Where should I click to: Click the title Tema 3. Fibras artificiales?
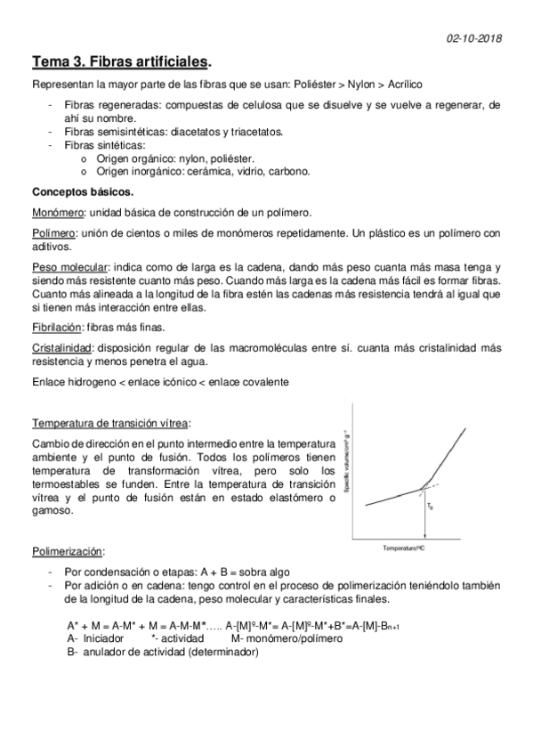click(122, 63)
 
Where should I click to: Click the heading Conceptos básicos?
click(84, 191)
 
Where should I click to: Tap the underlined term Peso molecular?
click(70, 268)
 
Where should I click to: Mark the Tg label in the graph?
click(429, 506)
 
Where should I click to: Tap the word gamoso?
click(52, 513)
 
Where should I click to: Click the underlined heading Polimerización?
click(68, 550)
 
